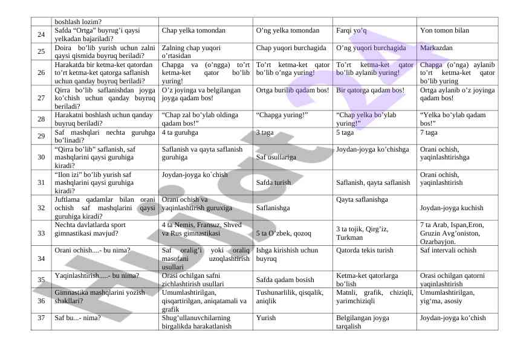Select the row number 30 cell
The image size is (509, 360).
click(41, 157)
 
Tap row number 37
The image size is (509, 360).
click(41, 317)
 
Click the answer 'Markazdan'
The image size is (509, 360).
click(436, 47)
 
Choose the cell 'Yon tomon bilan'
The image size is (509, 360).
click(444, 30)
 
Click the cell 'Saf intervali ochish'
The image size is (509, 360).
click(448, 249)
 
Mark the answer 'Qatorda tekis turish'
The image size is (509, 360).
click(365, 249)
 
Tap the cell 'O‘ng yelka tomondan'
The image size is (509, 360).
click(288, 30)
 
